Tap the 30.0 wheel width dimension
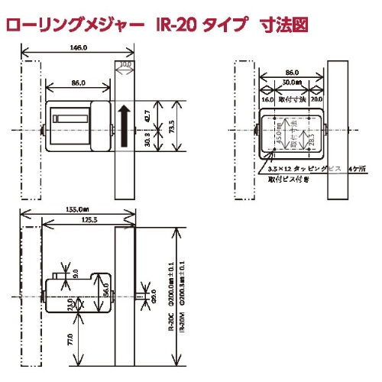coord(125,66)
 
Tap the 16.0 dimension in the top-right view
coord(267,99)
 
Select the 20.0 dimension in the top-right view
coord(316,99)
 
